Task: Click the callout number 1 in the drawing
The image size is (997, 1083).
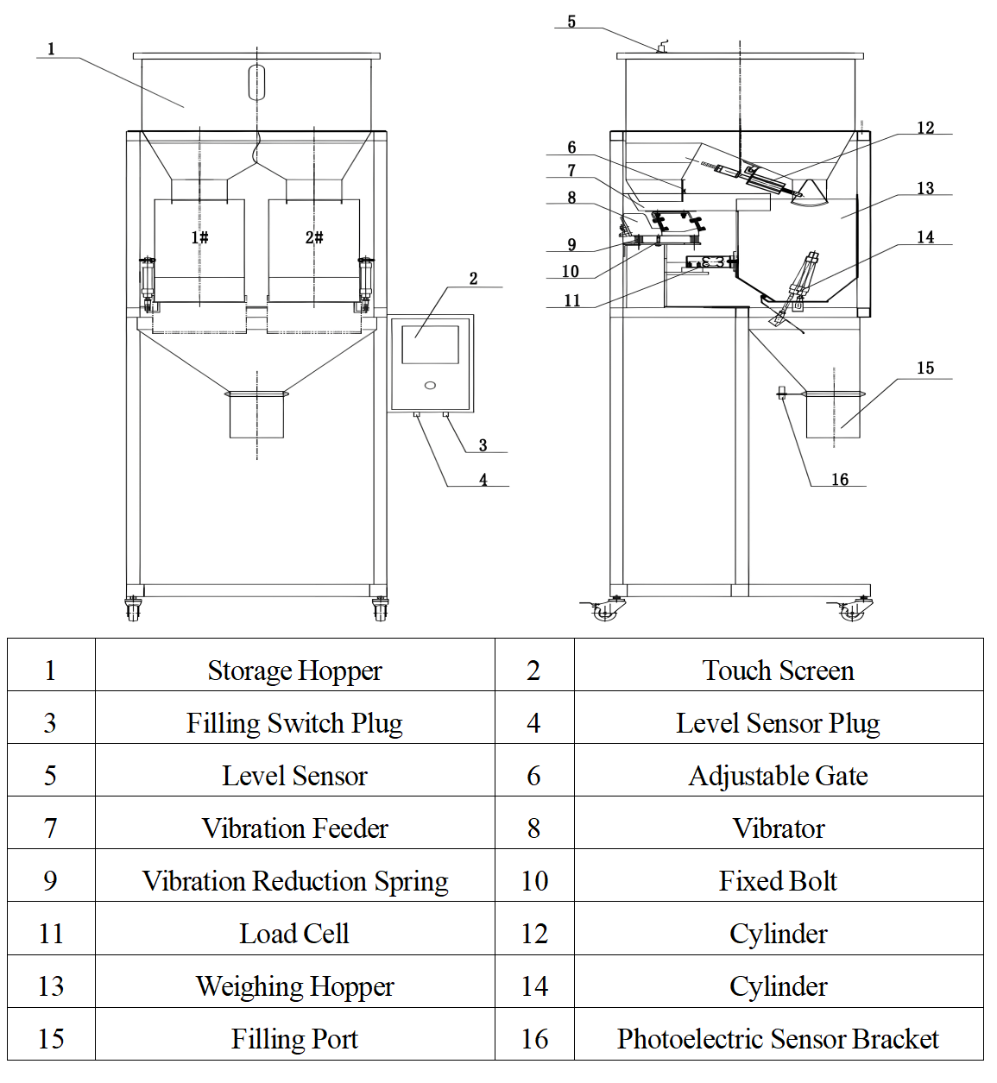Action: [x=51, y=49]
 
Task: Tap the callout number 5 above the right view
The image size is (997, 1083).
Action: [x=571, y=22]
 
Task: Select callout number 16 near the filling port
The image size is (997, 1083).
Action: [x=840, y=480]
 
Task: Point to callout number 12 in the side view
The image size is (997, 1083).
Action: [x=925, y=128]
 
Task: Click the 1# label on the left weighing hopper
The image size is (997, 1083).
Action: [x=199, y=237]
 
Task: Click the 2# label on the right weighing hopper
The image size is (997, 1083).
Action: [x=314, y=237]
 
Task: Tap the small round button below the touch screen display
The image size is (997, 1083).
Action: [x=430, y=385]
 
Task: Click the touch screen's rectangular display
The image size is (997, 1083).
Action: [x=430, y=344]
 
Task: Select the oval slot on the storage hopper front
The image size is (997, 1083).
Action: [x=256, y=82]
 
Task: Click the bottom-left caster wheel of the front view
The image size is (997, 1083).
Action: [x=133, y=610]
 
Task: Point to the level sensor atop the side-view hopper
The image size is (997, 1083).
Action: [x=662, y=47]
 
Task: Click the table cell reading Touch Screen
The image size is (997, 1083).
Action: [x=778, y=671]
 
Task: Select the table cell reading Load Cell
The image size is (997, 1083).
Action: [x=294, y=934]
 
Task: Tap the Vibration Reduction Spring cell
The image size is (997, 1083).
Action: [x=294, y=881]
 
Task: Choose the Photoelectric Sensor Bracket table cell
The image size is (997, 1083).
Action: [x=778, y=1039]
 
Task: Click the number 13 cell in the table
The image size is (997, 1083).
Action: [x=51, y=986]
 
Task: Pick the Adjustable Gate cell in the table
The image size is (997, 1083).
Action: [x=778, y=776]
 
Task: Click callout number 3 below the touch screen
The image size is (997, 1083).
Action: [x=483, y=445]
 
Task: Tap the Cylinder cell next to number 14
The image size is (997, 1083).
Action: [x=778, y=986]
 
